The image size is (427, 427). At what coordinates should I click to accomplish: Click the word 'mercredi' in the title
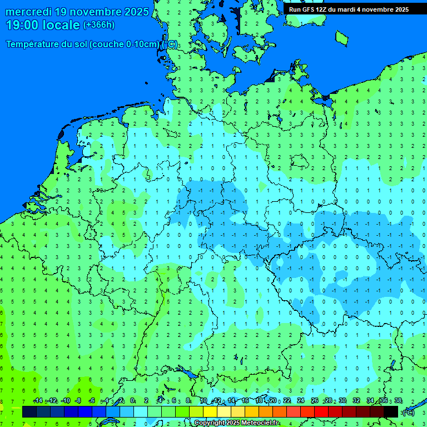click(29, 12)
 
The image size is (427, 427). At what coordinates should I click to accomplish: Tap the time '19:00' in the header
click(22, 25)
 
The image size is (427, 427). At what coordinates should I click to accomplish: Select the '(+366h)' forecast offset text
click(99, 25)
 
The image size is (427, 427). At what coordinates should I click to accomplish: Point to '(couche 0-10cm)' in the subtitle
click(125, 44)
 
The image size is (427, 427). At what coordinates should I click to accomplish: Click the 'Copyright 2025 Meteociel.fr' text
click(236, 423)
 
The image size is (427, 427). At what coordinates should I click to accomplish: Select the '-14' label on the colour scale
click(38, 401)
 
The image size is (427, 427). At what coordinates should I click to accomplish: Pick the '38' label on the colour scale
click(398, 401)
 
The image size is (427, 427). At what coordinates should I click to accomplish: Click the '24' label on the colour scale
click(301, 401)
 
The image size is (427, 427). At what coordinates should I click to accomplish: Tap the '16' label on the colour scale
click(245, 401)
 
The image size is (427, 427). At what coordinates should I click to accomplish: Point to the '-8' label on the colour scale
click(78, 401)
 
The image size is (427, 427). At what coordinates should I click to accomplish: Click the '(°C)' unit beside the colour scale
click(408, 412)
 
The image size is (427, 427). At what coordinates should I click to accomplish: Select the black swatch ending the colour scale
click(391, 412)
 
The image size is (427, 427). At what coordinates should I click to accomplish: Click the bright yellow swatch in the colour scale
click(210, 412)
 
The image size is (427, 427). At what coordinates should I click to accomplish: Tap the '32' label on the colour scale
click(356, 401)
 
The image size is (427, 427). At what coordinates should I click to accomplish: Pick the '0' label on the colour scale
click(133, 401)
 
